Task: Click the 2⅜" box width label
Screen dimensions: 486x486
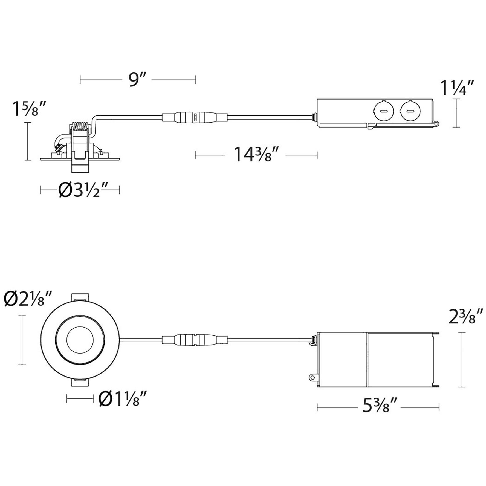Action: (x=465, y=316)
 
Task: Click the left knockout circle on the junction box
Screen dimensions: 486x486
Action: (x=383, y=111)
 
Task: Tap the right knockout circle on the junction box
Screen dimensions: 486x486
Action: (x=410, y=111)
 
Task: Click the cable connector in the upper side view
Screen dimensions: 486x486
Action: (x=195, y=117)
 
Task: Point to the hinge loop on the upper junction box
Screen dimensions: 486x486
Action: (x=437, y=124)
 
